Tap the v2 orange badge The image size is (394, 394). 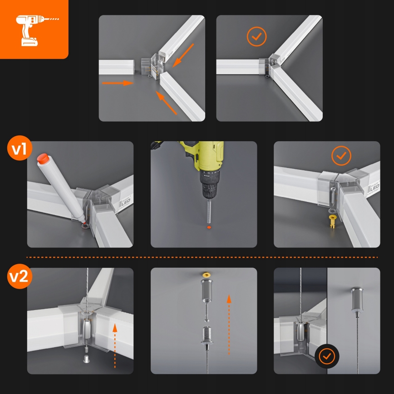coord(19,277)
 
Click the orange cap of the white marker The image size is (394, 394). coord(43,159)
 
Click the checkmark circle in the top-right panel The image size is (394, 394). coord(257,37)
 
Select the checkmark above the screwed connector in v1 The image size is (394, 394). coord(341,156)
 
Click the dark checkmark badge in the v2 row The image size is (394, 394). coord(326,356)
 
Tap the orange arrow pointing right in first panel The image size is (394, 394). coord(117,83)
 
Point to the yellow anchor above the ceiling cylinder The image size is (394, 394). coord(207,275)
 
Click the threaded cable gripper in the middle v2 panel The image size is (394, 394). coord(207,338)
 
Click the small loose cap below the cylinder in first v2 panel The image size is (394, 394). coord(86,360)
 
